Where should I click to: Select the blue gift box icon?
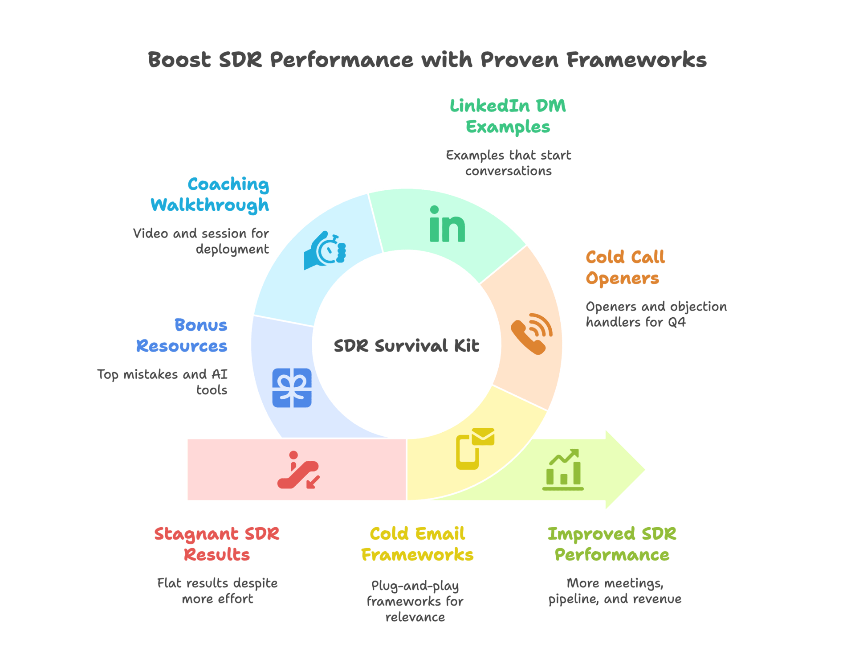(292, 388)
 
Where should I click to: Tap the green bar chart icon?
(563, 470)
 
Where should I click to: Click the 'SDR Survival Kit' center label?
(406, 346)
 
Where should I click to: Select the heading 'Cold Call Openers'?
(624, 267)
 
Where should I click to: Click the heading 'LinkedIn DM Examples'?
(508, 116)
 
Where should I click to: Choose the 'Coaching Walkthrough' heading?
(210, 194)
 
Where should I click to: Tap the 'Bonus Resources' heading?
(182, 335)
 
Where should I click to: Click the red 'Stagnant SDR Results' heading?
(217, 544)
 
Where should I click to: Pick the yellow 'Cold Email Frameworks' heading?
(417, 544)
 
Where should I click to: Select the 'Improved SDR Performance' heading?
(612, 544)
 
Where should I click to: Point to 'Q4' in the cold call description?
(676, 322)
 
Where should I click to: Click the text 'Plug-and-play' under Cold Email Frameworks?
(415, 585)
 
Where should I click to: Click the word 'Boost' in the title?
(179, 60)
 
